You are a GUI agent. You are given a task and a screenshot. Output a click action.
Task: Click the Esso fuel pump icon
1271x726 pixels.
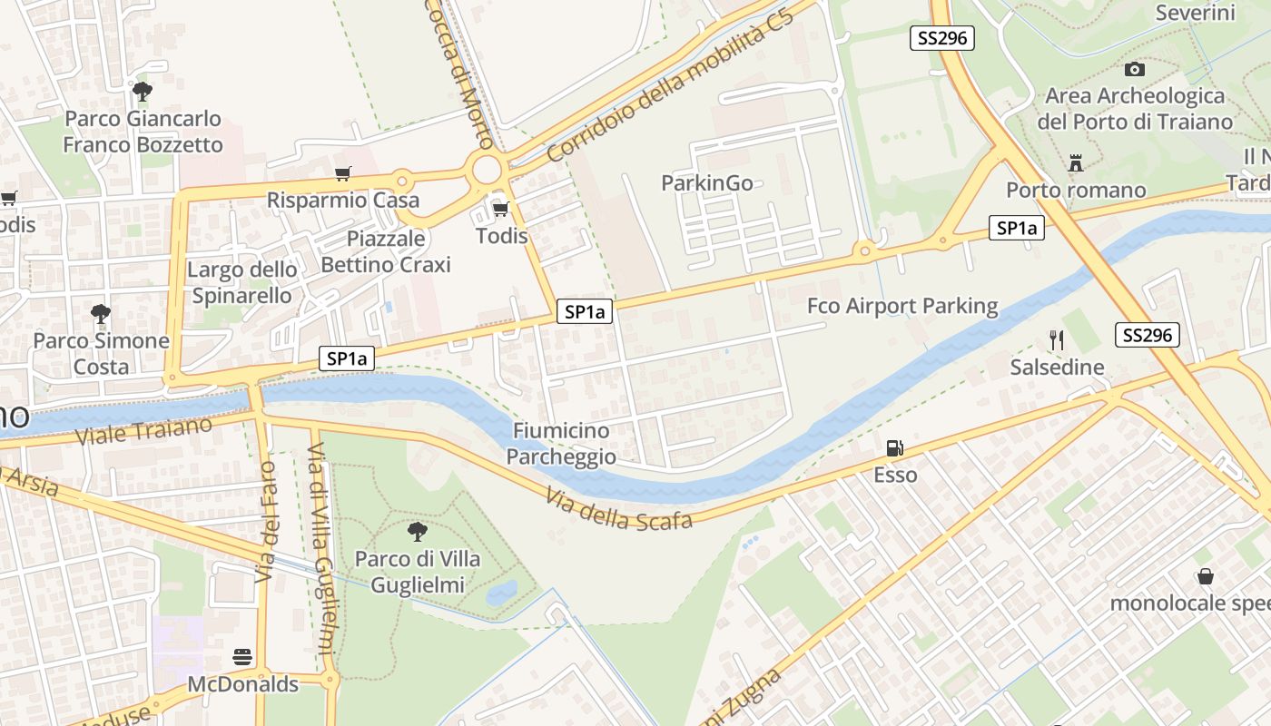[x=894, y=447]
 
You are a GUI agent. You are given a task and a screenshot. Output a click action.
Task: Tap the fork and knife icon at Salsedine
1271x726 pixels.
[x=1056, y=340]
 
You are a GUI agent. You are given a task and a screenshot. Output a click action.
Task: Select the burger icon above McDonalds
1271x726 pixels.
[x=242, y=656]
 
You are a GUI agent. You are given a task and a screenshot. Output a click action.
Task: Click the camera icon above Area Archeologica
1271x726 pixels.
[x=1134, y=69]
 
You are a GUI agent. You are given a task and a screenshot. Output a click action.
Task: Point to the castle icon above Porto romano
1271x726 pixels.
[x=1076, y=163]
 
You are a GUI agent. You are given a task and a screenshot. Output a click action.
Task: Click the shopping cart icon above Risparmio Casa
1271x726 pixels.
[x=342, y=173]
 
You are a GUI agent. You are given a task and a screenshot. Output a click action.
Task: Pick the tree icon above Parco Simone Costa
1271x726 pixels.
[x=101, y=314]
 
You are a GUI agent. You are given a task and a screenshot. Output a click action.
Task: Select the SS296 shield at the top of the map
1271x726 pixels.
[x=941, y=37]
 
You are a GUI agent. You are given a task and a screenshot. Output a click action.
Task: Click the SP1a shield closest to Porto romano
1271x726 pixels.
[x=1016, y=229]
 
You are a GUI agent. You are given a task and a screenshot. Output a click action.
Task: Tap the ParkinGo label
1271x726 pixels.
[x=707, y=183]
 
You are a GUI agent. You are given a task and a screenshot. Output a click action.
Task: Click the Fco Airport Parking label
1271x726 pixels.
[x=902, y=306]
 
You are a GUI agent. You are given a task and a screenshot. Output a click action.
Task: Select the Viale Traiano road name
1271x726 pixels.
[x=143, y=431]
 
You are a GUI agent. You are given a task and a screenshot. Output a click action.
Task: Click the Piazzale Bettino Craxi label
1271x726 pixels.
[x=386, y=251]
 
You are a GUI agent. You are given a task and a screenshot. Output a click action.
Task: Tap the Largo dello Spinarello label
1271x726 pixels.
[x=241, y=282]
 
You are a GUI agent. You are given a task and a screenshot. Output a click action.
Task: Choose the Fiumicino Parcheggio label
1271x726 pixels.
[x=561, y=444]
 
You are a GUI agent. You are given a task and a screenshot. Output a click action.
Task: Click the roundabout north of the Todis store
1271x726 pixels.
[x=487, y=169]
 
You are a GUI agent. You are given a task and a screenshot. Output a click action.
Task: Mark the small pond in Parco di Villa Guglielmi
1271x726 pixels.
[x=500, y=593]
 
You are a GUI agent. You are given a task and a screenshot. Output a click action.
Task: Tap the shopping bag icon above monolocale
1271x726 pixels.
[x=1205, y=576]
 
